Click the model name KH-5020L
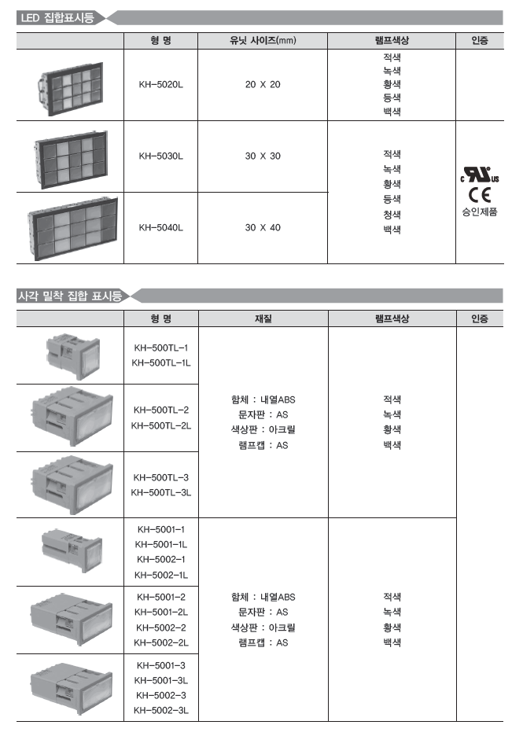point(160,85)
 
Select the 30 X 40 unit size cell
point(263,228)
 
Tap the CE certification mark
point(479,195)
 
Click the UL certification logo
point(479,175)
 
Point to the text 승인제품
point(479,212)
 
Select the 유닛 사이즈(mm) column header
point(263,41)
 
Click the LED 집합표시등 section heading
point(57,18)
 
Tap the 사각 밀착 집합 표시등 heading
point(70,296)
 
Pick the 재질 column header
point(263,318)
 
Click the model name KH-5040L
point(160,228)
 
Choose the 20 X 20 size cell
point(263,85)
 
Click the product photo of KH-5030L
point(72,159)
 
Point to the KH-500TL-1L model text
point(161,362)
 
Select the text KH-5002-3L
point(161,711)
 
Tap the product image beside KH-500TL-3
point(72,485)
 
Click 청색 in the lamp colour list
point(392,215)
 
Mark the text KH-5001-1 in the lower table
point(161,529)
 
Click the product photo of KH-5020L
point(71,89)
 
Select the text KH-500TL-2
point(161,410)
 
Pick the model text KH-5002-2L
point(161,642)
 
